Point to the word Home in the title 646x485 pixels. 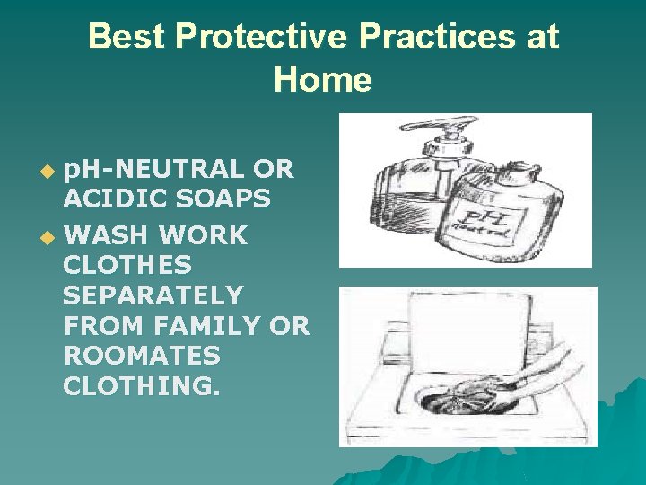[x=323, y=80]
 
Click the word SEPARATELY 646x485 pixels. [x=153, y=295]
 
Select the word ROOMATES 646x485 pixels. [x=142, y=356]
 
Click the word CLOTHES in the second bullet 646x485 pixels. [x=127, y=266]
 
